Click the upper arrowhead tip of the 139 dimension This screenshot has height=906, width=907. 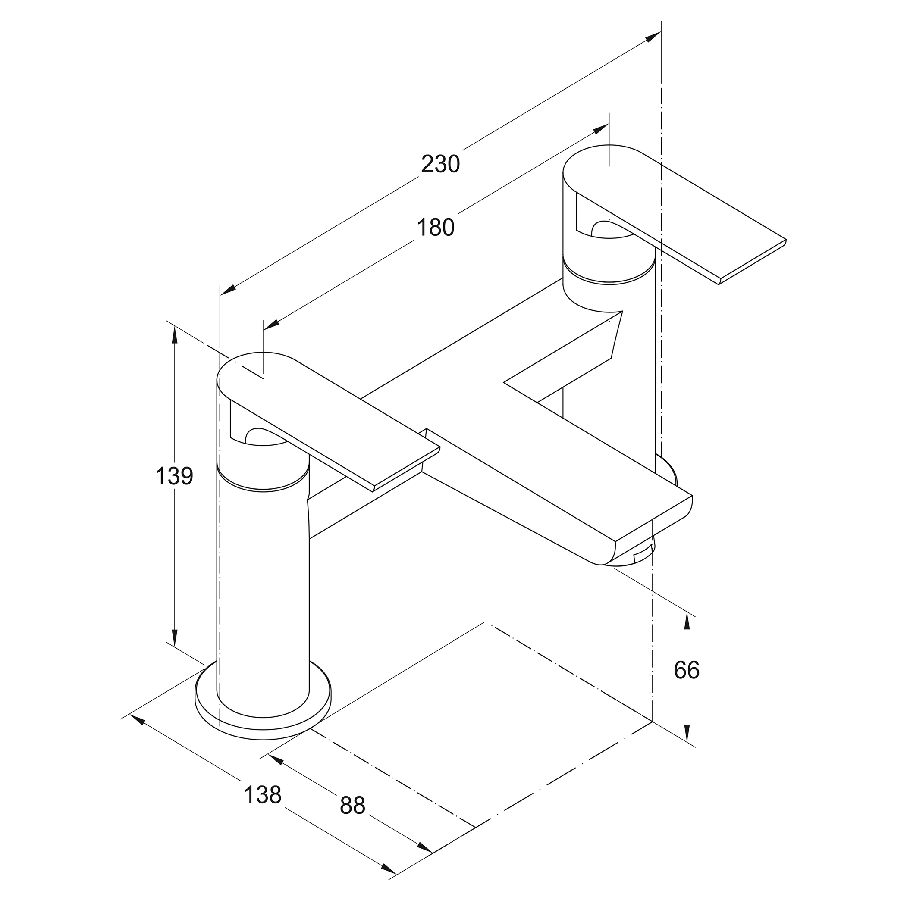click(x=175, y=327)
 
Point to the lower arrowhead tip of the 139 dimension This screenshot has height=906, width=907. click(x=175, y=647)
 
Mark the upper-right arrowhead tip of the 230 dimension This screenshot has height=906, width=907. click(x=660, y=32)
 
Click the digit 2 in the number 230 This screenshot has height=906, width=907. click(x=428, y=164)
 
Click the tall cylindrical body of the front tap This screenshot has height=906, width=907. click(x=263, y=591)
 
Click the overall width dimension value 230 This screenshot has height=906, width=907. click(x=440, y=164)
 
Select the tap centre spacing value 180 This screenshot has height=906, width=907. click(x=436, y=228)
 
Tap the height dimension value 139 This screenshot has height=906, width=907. click(x=174, y=476)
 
